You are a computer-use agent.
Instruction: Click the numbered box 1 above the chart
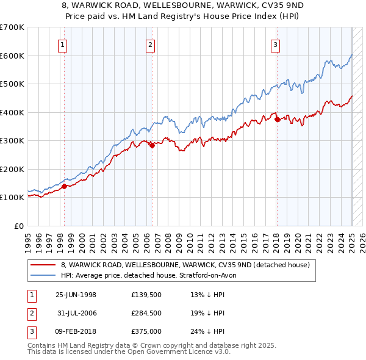pos(63,44)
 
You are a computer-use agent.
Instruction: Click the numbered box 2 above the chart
pos(151,44)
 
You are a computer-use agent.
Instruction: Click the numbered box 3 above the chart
pos(276,44)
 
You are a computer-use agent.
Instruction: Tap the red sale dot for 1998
pos(64,186)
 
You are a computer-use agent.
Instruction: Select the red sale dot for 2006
pos(152,145)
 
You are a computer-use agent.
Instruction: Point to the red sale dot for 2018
pos(277,120)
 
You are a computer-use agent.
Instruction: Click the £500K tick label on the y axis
pos(12,84)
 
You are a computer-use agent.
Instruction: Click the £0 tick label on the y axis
pos(19,226)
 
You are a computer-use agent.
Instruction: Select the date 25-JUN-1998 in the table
pos(76,295)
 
